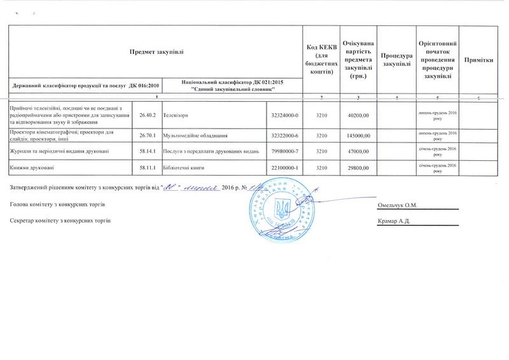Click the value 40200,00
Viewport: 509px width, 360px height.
[360, 114]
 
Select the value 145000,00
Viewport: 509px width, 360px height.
[360, 135]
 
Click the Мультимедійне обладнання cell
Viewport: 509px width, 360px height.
[195, 135]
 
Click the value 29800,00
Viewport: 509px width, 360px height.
[360, 166]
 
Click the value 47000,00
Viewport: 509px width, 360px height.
[360, 151]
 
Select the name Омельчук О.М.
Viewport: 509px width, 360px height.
[396, 205]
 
